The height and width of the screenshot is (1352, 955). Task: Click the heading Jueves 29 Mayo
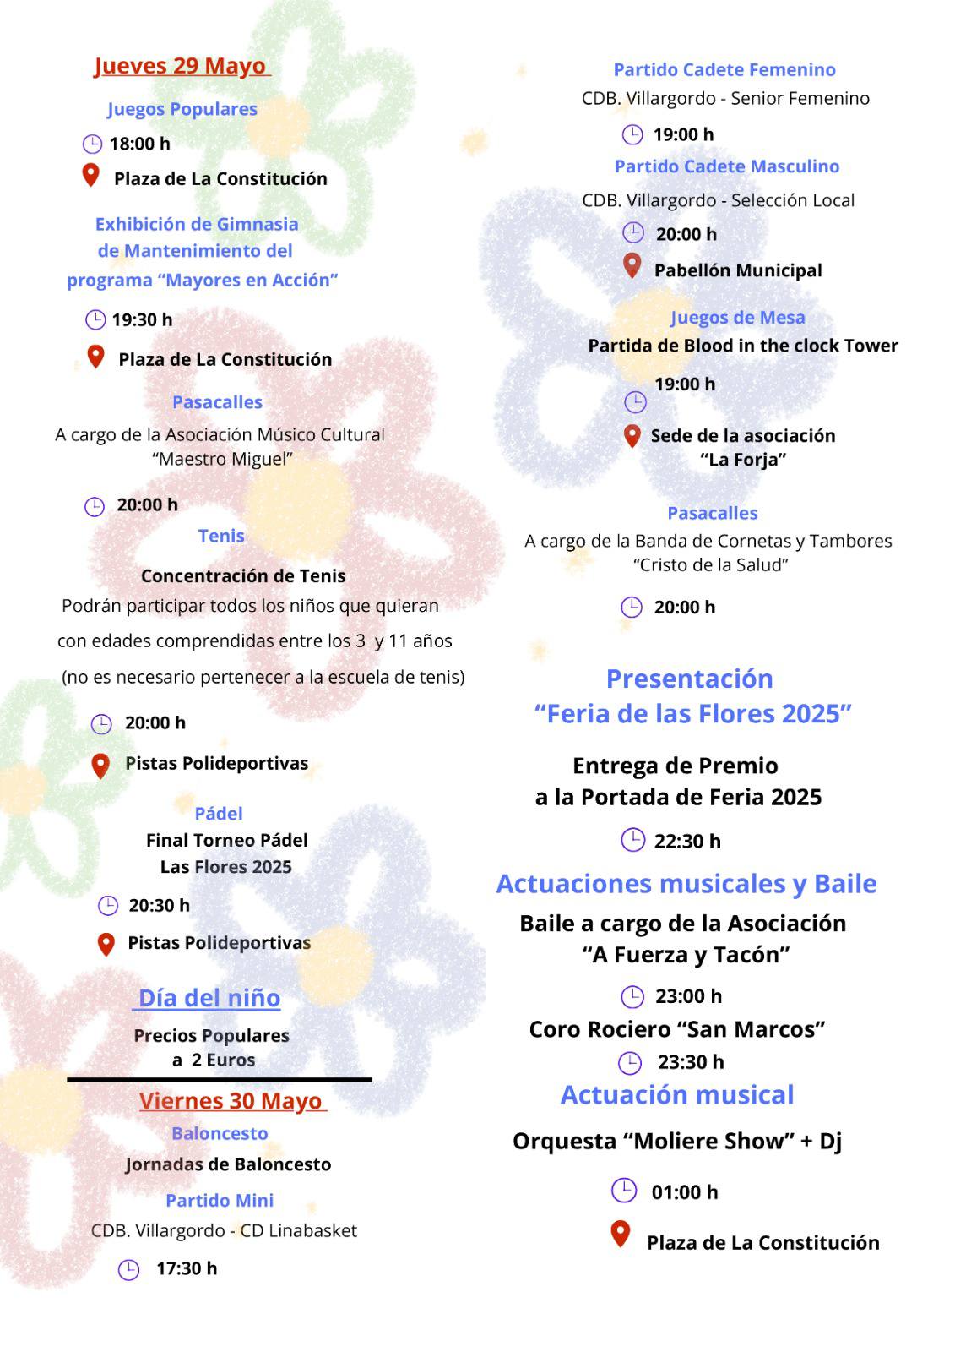(x=180, y=66)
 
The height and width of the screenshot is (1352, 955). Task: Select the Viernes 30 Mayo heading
(x=231, y=1100)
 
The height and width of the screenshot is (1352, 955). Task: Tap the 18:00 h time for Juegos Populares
(x=139, y=144)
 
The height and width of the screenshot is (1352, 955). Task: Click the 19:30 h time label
(x=142, y=319)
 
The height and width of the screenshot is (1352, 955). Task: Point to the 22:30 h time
(x=687, y=841)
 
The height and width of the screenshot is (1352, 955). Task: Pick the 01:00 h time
(x=684, y=1191)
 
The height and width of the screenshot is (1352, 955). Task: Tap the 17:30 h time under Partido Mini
(x=187, y=1267)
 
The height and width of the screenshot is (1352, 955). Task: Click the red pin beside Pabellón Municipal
(x=632, y=266)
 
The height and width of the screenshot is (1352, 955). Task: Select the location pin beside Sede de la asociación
(x=632, y=436)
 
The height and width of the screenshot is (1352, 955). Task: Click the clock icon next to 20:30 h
(x=108, y=906)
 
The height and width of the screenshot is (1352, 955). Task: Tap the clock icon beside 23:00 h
(x=632, y=997)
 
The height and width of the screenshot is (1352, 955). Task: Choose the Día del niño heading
(x=209, y=997)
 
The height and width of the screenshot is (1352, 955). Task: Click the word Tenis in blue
(x=221, y=536)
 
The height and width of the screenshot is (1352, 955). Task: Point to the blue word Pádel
(x=219, y=813)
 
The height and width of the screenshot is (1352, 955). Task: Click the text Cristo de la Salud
(x=711, y=564)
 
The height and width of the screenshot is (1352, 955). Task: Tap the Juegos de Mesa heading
(x=737, y=318)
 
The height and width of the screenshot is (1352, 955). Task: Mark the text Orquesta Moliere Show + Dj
(x=677, y=1141)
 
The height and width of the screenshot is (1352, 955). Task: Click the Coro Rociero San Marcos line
(x=677, y=1029)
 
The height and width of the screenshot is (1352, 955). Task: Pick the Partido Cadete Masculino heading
(x=726, y=166)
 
